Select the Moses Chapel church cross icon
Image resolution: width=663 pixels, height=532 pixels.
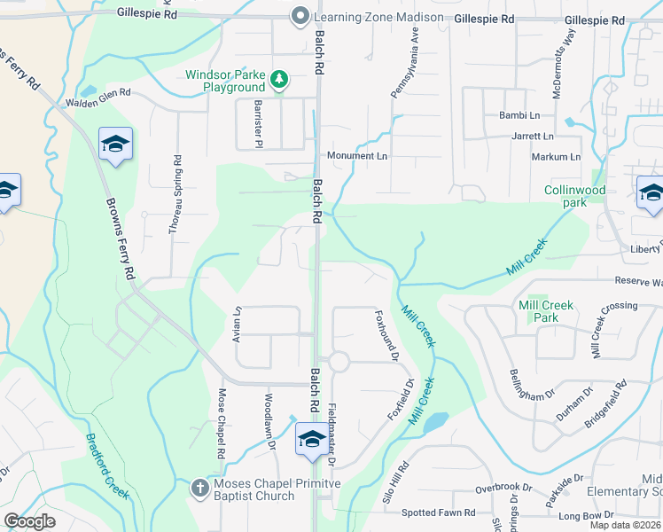(200, 487)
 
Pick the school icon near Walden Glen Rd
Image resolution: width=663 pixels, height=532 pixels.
(114, 145)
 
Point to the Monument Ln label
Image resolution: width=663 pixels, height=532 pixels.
(357, 156)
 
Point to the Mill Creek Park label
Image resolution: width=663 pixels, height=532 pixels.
(546, 311)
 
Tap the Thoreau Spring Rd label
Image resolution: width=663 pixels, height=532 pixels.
(176, 195)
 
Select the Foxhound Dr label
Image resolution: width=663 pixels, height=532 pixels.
(387, 335)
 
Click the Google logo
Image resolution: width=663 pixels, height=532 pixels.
(30, 521)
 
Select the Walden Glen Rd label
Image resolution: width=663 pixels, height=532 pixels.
(98, 98)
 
